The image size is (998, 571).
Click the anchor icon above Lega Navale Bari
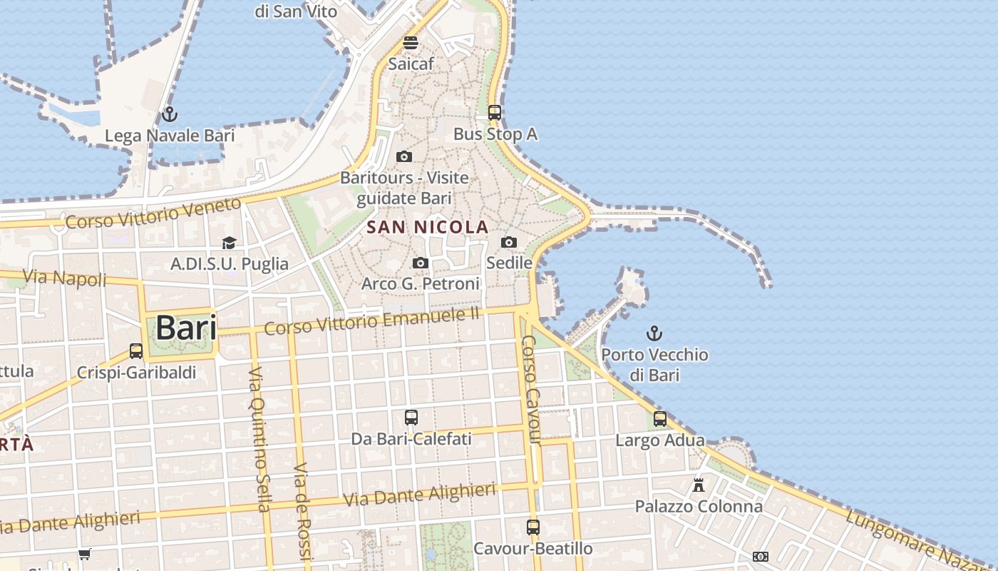(x=170, y=113)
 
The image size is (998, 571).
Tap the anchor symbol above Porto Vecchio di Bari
(x=654, y=333)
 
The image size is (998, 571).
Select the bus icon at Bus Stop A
(x=495, y=113)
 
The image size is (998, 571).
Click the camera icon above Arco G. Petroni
(x=421, y=263)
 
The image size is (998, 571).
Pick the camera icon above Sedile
(x=509, y=243)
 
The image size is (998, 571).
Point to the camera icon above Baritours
(x=404, y=157)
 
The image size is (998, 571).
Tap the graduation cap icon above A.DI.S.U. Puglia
(x=229, y=243)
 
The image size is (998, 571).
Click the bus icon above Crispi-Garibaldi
(x=136, y=351)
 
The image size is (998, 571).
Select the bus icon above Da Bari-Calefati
(x=411, y=418)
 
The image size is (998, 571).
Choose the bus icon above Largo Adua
(x=660, y=419)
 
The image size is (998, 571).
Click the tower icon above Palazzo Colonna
(x=699, y=485)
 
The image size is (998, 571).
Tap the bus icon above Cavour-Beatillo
(x=533, y=527)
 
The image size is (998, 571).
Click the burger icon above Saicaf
(x=411, y=43)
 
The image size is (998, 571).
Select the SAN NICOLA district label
(x=428, y=228)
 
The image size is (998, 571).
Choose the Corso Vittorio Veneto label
(x=153, y=213)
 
